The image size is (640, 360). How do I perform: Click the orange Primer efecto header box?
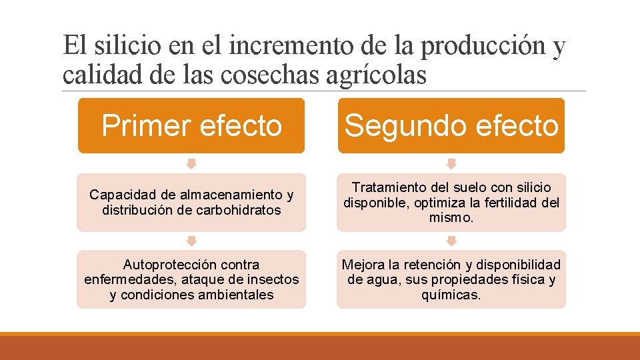(191, 125)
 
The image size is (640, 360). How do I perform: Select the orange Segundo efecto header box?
(451, 125)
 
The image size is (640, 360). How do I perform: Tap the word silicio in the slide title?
(125, 47)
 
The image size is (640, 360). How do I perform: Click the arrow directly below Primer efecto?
(191, 163)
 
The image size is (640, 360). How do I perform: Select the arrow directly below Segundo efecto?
(451, 163)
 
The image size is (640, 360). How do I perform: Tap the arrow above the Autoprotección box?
(191, 241)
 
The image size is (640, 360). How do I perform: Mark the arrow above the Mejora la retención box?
(451, 241)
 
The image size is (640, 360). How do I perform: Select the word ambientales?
(237, 295)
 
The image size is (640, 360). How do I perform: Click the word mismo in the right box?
(451, 218)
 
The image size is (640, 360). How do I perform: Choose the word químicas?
(451, 295)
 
